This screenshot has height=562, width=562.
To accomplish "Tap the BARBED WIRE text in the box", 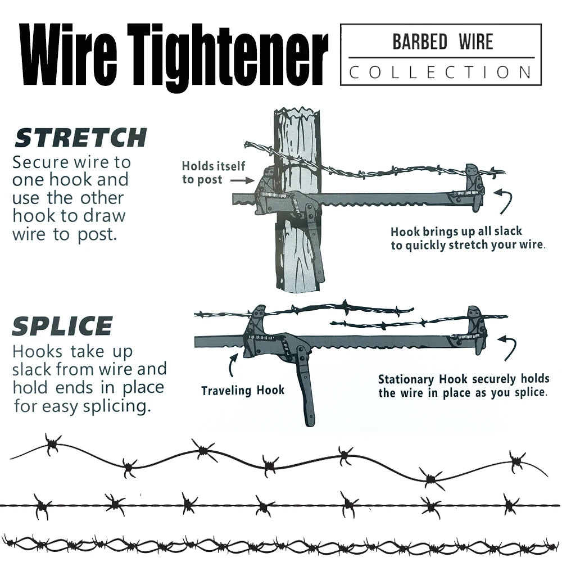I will (442, 43).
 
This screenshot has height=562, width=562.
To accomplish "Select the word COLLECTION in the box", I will (441, 72).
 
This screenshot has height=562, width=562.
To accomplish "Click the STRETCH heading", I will (80, 138).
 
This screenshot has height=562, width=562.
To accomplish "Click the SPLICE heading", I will (62, 327).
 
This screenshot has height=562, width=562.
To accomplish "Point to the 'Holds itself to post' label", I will (213, 173).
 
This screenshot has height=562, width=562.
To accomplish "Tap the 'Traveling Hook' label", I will (243, 390).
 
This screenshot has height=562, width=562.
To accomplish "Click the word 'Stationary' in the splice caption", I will (408, 379).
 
